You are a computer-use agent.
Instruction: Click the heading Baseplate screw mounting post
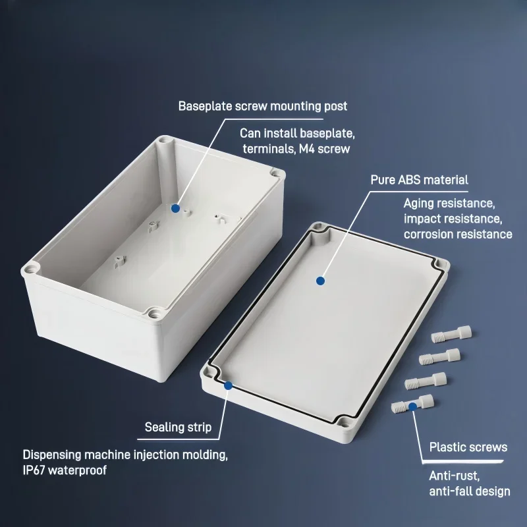[x=262, y=106]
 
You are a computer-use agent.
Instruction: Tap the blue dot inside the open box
[x=175, y=208]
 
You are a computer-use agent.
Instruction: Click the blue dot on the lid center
[x=320, y=281]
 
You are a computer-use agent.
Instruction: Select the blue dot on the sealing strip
[x=228, y=385]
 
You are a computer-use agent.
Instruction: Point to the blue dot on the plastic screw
[x=412, y=406]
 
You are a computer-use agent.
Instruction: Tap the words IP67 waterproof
[x=65, y=470]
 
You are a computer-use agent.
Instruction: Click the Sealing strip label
[x=178, y=428]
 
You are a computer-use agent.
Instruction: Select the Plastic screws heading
[x=468, y=447]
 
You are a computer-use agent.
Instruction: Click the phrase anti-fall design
[x=469, y=491]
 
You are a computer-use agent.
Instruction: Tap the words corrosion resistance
[x=458, y=234]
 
